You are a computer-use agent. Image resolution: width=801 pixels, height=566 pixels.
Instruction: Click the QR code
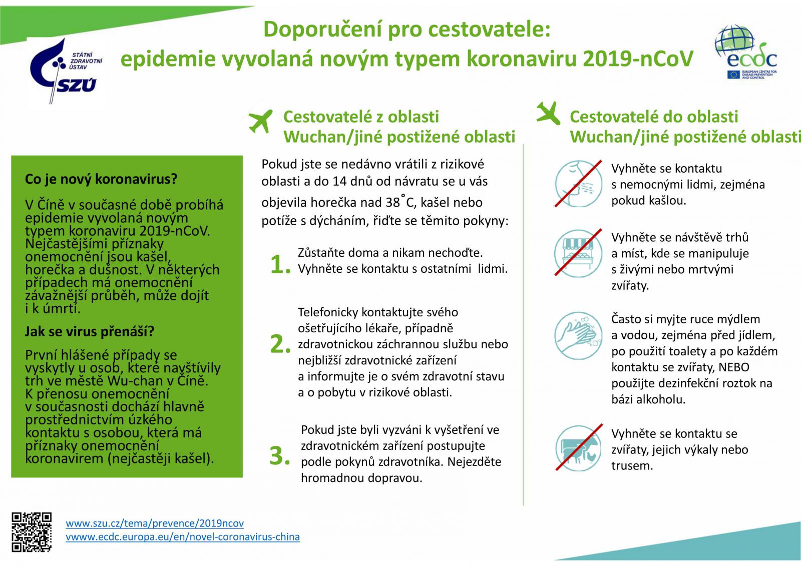tap(32, 532)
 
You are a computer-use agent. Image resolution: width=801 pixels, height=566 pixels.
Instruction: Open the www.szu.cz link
tap(155, 523)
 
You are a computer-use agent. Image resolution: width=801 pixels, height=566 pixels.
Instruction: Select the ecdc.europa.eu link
tap(183, 537)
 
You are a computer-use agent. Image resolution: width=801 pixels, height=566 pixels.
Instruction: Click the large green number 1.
tap(280, 265)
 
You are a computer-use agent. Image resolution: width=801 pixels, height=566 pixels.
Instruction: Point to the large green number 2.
tap(280, 344)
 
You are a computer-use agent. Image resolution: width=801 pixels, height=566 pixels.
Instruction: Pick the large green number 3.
tap(280, 456)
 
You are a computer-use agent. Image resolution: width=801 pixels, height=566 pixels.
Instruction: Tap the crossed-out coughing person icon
tap(578, 184)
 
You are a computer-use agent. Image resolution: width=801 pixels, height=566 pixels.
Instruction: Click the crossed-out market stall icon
tap(578, 253)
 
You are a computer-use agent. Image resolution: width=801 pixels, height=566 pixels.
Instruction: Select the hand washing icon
tap(578, 336)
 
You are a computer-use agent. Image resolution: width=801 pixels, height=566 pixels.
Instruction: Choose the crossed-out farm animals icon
tap(579, 448)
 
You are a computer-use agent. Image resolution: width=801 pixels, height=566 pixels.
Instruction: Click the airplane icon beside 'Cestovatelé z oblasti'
tap(260, 121)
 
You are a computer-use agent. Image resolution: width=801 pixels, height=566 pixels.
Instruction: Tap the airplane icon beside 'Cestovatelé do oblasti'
tap(548, 113)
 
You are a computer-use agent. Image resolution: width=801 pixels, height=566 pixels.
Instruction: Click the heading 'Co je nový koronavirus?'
tap(101, 179)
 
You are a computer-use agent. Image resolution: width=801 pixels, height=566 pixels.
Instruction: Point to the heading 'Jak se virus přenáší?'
tap(90, 331)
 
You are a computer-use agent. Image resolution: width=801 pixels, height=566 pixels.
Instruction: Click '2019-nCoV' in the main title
tap(638, 59)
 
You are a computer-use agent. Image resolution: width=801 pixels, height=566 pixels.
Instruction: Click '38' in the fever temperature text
tap(392, 202)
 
